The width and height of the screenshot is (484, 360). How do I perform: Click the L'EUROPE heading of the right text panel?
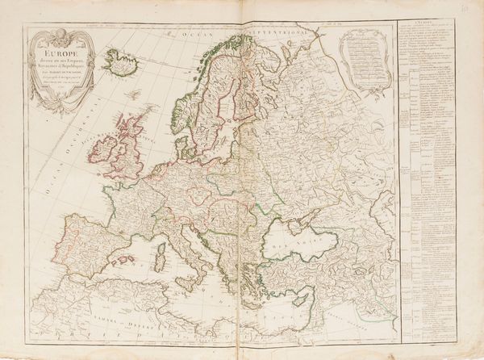tap(435, 27)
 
